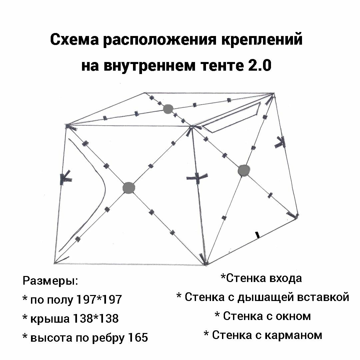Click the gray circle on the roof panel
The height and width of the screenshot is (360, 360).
coord(168,108)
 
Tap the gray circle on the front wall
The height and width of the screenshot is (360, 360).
coord(129,188)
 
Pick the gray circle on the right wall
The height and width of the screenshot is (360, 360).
coord(244,170)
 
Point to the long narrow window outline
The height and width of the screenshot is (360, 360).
coord(233,118)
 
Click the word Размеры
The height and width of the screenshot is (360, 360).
coord(50,281)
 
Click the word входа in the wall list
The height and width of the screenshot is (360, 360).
coord(285,278)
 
